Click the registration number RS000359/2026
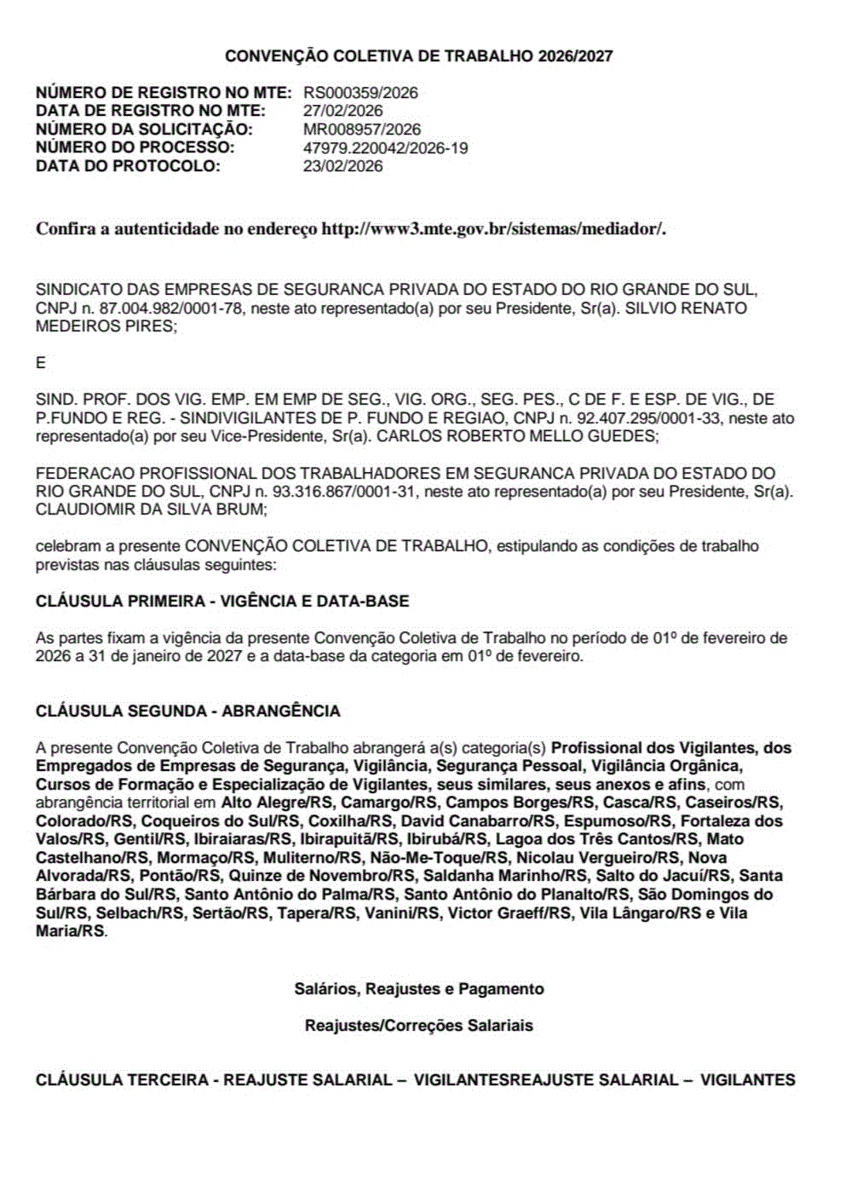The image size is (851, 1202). pos(360,93)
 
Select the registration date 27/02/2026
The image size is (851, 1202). pos(343,111)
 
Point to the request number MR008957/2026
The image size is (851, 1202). pos(362,129)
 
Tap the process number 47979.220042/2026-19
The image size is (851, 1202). pos(386,148)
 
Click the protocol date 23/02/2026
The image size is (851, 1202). pos(343,166)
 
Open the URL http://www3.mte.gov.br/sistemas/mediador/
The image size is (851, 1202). pos(493,229)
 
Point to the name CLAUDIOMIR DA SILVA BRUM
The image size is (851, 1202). pos(150,509)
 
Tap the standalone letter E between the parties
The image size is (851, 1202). pos(41,363)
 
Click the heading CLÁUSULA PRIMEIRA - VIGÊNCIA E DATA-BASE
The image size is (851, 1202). pos(222,601)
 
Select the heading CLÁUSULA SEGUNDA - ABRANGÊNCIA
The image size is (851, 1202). pos(187,711)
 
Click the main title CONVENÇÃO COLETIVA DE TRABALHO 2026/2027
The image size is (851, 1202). pos(419,56)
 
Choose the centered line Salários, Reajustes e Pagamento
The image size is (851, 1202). pos(419,989)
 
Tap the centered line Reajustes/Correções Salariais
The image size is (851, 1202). pos(419,1026)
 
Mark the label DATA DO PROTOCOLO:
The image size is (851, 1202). pos(128,166)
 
